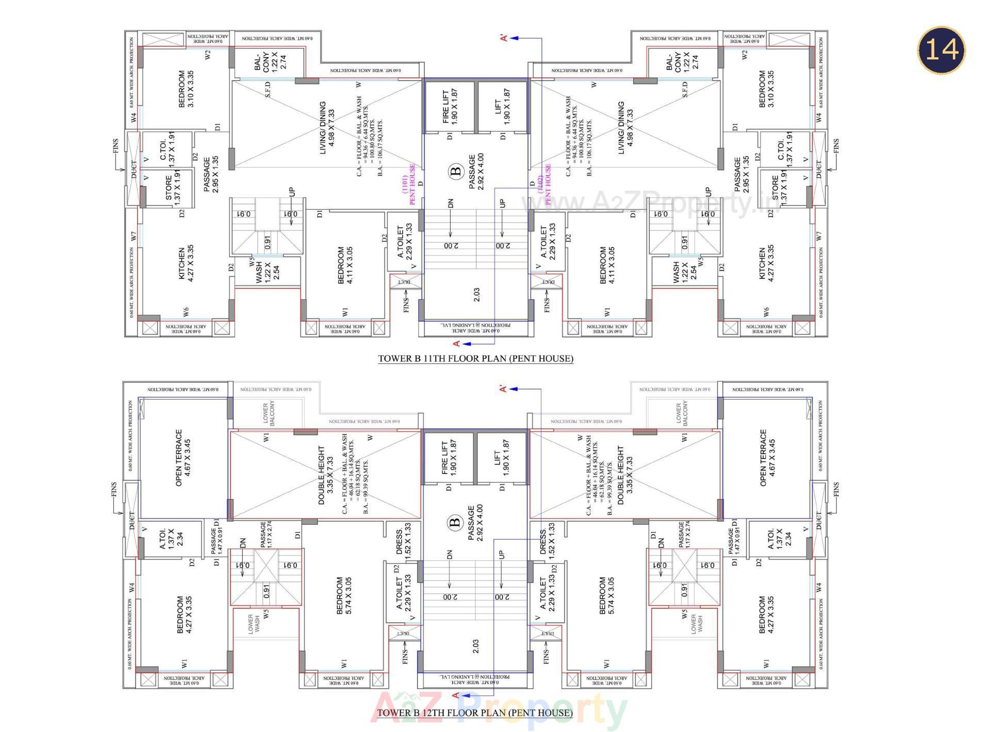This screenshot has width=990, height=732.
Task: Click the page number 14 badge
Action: pos(941,50)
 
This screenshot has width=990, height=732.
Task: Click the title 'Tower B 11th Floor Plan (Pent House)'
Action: pos(475,358)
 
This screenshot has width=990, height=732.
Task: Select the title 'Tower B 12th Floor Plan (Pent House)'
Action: pos(475,713)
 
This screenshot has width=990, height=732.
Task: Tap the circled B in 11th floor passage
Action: pos(456,171)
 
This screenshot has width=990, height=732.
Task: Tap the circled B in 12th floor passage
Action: pos(455,523)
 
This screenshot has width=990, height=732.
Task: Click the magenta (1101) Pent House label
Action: pos(408,185)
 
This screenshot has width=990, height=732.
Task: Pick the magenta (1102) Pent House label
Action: pos(544,184)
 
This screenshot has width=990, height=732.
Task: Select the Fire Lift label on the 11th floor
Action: pos(450,106)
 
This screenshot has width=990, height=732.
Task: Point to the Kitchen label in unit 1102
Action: pos(766,263)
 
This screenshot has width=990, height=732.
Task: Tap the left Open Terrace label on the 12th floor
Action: pos(183,457)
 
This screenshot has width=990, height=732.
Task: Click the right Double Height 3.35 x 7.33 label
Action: pos(624,475)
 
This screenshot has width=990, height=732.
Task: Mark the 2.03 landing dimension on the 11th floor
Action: pos(476,294)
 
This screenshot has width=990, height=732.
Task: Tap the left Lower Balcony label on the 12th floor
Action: pos(269,413)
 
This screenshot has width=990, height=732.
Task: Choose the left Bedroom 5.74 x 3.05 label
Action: pos(344,595)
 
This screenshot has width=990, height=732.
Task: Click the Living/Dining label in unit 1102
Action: pos(625,127)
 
